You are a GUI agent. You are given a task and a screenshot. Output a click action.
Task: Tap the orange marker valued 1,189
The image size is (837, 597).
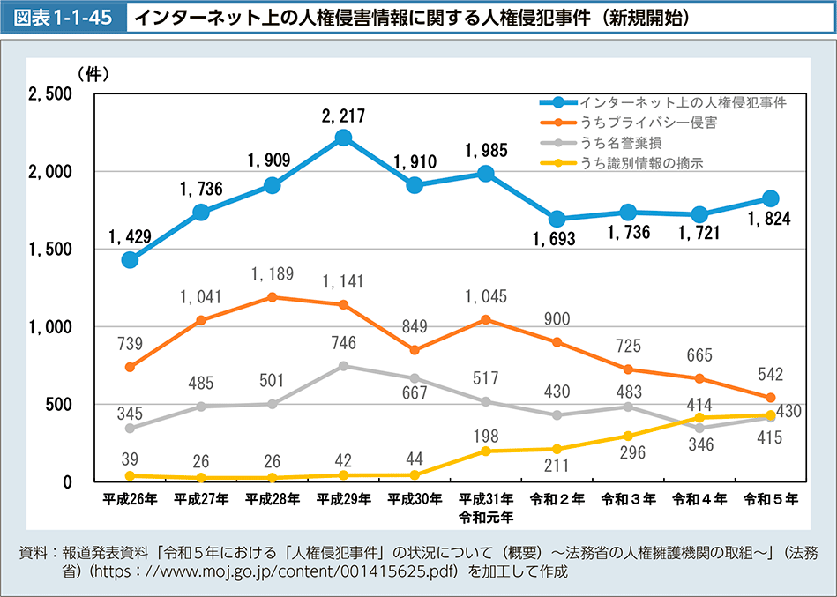click(x=273, y=297)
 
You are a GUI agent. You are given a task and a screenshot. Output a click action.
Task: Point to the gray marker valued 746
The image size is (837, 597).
click(x=344, y=366)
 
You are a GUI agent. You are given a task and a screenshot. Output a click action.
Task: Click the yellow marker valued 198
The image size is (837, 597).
click(x=486, y=451)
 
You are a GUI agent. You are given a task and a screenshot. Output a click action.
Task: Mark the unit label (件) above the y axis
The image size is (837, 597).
click(x=92, y=74)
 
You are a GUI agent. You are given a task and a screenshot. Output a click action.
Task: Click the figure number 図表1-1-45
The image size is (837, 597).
click(x=64, y=18)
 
